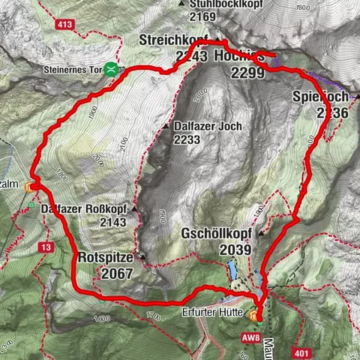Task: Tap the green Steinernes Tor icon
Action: click(111, 69)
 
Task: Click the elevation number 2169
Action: click(203, 16)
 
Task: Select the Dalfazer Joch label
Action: click(207, 126)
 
